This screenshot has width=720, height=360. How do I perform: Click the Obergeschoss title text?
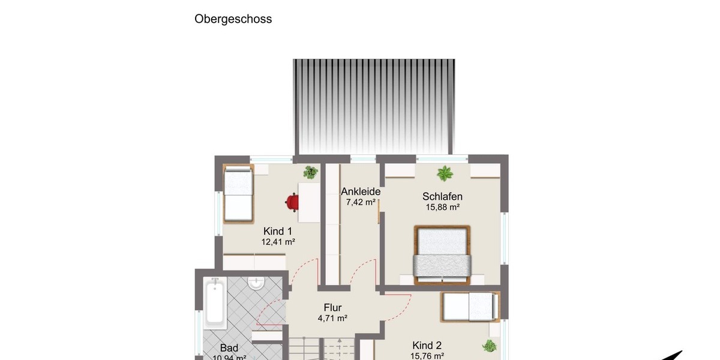pyautogui.click(x=233, y=19)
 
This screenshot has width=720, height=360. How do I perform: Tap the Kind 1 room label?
pyautogui.click(x=278, y=231)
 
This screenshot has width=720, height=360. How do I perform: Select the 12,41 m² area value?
pyautogui.click(x=278, y=242)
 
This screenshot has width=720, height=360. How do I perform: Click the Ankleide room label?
pyautogui.click(x=361, y=191)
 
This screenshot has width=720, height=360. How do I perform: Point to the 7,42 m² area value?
pyautogui.click(x=361, y=202)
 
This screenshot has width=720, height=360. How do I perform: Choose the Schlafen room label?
pyautogui.click(x=442, y=196)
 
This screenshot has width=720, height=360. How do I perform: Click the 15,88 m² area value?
pyautogui.click(x=442, y=208)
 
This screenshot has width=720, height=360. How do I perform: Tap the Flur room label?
pyautogui.click(x=332, y=308)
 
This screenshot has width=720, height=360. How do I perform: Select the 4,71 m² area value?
pyautogui.click(x=332, y=319)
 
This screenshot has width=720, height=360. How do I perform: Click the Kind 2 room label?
pyautogui.click(x=427, y=345)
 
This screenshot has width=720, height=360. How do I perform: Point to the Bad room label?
pyautogui.click(x=229, y=348)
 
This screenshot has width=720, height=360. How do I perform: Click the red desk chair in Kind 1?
pyautogui.click(x=292, y=202)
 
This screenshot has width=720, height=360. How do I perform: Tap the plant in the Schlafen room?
pyautogui.click(x=445, y=174)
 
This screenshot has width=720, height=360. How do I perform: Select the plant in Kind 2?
pyautogui.click(x=490, y=346)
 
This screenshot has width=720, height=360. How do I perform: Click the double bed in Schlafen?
pyautogui.click(x=442, y=254)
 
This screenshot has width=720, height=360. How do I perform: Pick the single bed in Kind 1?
pyautogui.click(x=238, y=194)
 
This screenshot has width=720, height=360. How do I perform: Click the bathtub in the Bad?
pyautogui.click(x=214, y=303)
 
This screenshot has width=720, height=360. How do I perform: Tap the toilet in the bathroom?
pyautogui.click(x=256, y=283)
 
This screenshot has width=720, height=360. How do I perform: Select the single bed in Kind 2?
pyautogui.click(x=470, y=307)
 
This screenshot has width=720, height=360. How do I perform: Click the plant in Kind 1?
pyautogui.click(x=310, y=173)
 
